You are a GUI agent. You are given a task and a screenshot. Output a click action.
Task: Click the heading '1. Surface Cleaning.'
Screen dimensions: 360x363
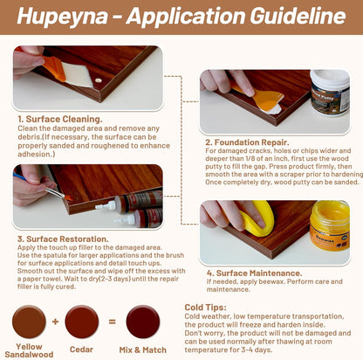coord(59,119)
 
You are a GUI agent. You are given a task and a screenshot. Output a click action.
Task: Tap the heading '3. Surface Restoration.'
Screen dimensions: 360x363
coord(64,237)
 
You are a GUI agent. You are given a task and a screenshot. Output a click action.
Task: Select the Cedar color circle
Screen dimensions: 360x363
coord(82,322)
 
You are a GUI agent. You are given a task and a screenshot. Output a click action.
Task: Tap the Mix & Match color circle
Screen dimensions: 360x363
coord(141,322)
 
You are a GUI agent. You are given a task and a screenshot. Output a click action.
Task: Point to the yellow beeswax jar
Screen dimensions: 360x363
coord(329,225)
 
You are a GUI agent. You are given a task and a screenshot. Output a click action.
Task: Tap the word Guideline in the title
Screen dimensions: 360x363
coord(289,17)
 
